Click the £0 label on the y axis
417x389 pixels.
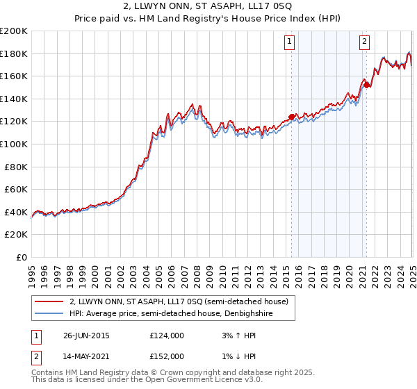(x=22, y=257)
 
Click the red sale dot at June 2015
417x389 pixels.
(x=291, y=117)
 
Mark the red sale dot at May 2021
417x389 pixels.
(x=366, y=85)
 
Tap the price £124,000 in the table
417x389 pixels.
(x=166, y=336)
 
